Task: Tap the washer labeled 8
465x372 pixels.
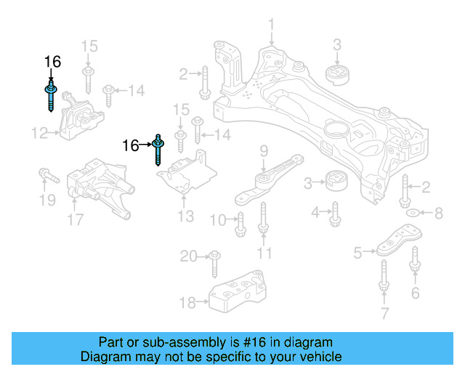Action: [411, 213]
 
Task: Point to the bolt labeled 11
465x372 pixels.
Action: [264, 221]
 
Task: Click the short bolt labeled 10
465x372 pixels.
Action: [240, 222]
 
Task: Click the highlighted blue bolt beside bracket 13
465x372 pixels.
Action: [158, 150]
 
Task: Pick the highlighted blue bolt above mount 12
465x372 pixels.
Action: [51, 96]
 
